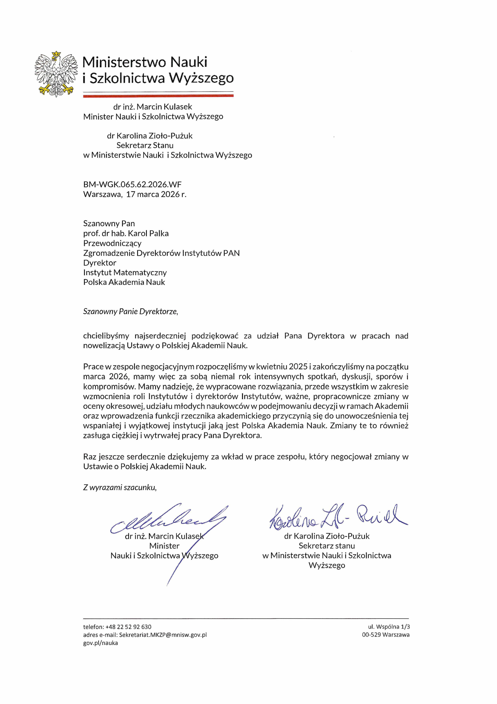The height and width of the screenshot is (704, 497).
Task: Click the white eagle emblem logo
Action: click(x=56, y=74)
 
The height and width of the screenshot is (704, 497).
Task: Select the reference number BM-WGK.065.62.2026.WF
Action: click(x=132, y=184)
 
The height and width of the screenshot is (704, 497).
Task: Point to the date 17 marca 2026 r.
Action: click(x=156, y=194)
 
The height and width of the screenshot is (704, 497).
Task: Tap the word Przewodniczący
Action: click(x=112, y=243)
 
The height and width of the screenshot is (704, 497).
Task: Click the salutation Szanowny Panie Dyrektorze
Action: click(x=130, y=312)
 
